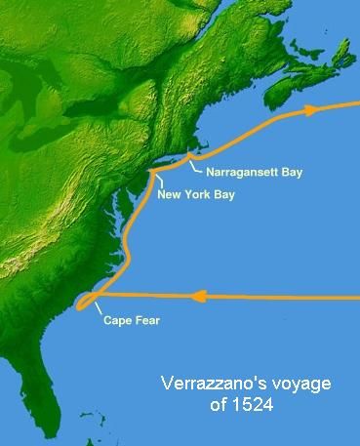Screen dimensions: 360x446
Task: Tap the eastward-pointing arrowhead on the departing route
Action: [311, 109]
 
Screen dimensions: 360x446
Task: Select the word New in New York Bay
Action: [169, 194]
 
